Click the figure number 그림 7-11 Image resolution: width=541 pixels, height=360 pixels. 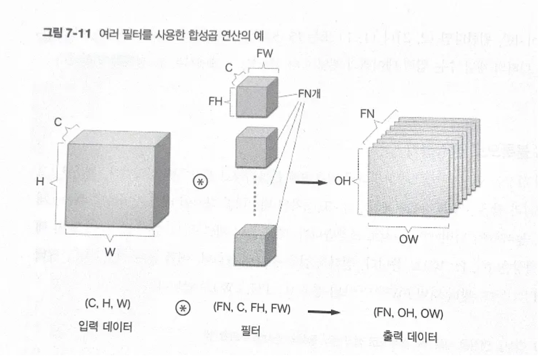click(x=70, y=34)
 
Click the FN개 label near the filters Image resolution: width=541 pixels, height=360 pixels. click(x=310, y=93)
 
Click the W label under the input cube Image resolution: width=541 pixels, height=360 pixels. click(x=110, y=252)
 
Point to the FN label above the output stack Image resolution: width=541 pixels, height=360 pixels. click(x=368, y=114)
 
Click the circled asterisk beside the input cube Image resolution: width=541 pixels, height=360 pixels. click(x=200, y=182)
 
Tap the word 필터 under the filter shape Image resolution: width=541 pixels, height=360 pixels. click(x=251, y=330)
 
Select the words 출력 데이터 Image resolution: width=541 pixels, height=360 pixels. click(x=409, y=336)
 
